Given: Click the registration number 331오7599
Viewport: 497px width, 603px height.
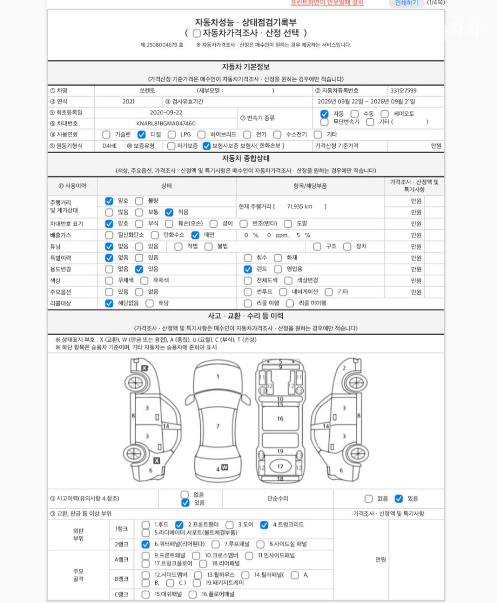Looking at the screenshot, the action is (x=403, y=91).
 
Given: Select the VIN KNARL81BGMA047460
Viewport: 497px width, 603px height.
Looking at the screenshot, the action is (x=166, y=123).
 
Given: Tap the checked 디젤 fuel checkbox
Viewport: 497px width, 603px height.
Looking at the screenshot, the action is (x=141, y=134).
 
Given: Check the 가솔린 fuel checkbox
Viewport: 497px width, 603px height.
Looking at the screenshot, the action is (x=106, y=134).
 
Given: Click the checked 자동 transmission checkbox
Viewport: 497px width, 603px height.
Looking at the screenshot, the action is (x=324, y=114).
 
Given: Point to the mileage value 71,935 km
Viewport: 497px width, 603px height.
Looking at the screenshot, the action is (x=300, y=206).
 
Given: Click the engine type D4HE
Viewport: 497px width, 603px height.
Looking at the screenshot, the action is (x=110, y=146).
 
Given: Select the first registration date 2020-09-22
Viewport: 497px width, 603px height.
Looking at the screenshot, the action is (x=166, y=113).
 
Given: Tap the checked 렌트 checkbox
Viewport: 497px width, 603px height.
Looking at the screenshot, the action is (x=247, y=269).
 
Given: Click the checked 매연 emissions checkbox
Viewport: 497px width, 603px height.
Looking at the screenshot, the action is (x=195, y=235).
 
